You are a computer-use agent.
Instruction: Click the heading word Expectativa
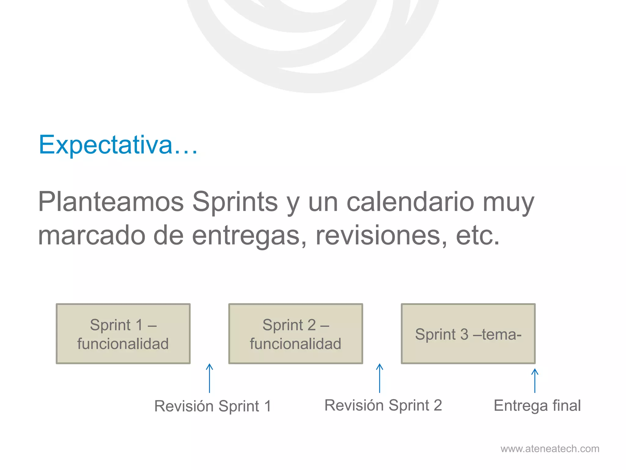118,145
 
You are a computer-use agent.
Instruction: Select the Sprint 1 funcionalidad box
123,334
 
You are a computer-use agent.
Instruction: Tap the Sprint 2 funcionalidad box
296,334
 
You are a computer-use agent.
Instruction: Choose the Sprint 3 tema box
468,334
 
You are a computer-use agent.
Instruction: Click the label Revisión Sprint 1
213,406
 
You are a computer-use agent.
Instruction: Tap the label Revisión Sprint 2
383,405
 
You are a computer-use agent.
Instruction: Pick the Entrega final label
537,405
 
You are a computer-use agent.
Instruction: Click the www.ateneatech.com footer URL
550,449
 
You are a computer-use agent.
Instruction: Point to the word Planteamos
111,202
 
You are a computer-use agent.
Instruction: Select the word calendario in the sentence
410,202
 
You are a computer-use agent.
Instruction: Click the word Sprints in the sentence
235,202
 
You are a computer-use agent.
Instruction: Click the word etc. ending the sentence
478,236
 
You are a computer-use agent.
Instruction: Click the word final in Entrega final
566,405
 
